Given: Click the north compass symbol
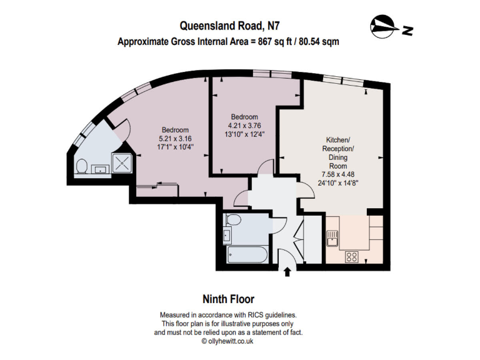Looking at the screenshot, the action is pos(392,27).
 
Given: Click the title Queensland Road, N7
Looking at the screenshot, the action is pos(229,26).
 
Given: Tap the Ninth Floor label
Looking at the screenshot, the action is pos(228,299).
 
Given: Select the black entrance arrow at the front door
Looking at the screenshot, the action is pos(287,272).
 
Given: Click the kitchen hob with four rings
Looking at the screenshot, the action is pos(352,256).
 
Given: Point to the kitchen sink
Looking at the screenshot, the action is pos(331,239).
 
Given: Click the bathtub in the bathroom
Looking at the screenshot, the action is pos(247,254).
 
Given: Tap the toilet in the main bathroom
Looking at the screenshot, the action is pos(233,219).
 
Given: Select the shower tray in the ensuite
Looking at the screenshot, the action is pos(122,162).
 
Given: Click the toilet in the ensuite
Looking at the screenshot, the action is pos(81,166).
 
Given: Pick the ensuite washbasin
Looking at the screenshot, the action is pos(101,169).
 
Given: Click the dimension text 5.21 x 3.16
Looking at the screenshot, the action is pos(175,138).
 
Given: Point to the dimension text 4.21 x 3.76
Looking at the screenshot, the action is pos(244,126).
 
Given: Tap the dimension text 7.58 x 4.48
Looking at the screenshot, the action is pos(338,174).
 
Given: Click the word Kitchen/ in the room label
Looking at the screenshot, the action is pos(338,140).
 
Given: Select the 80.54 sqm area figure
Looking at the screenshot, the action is pos(319,41).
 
